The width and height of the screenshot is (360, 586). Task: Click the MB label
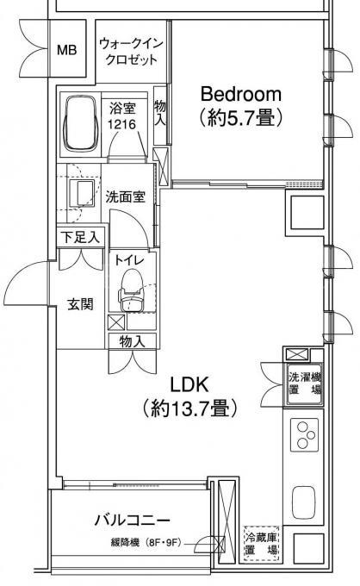pos(67,50)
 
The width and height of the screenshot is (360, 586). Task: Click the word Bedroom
pos(241,94)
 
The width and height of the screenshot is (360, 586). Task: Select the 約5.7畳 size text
pos(241,118)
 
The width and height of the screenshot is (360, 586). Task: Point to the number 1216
pos(121,124)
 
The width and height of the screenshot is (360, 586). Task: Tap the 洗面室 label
pos(125,196)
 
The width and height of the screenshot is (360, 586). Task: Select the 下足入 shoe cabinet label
pos(80,237)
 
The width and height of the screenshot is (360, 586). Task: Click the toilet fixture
pos(131,290)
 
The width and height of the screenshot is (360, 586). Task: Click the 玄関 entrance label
pos(80,304)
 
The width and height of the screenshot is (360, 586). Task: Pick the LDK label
pos(189,384)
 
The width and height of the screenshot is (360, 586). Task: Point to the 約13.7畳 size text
pos(189,408)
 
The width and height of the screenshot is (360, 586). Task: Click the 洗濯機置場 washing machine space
pos(305,383)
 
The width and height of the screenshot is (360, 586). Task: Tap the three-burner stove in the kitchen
pos(304,434)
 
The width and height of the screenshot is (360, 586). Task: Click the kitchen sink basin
pos(304,502)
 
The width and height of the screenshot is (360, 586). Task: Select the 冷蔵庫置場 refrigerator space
pos(262,544)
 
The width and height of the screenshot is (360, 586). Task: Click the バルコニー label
pos(132,520)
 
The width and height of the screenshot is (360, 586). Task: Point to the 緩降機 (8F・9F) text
pos(146,542)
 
